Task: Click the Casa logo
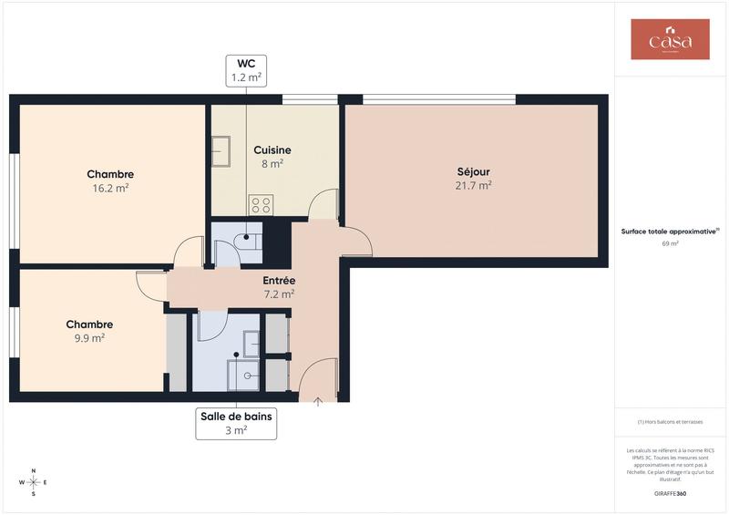click(x=670, y=40)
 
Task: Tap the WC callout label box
click(x=246, y=70)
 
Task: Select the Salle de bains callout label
click(x=236, y=423)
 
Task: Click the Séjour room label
click(x=474, y=171)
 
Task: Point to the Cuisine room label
click(x=272, y=150)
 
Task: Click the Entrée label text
click(x=278, y=281)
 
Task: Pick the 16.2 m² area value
click(x=111, y=188)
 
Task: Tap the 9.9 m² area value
click(x=89, y=337)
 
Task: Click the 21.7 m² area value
click(x=474, y=185)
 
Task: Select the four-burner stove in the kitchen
click(x=262, y=204)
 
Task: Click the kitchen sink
click(x=221, y=151)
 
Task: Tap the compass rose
click(x=34, y=481)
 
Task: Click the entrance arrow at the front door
click(x=318, y=400)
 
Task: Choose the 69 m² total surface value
click(x=670, y=243)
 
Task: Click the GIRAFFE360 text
click(x=670, y=493)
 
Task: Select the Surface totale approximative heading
click(x=670, y=232)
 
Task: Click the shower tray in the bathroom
click(x=244, y=374)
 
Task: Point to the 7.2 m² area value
click(x=278, y=294)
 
